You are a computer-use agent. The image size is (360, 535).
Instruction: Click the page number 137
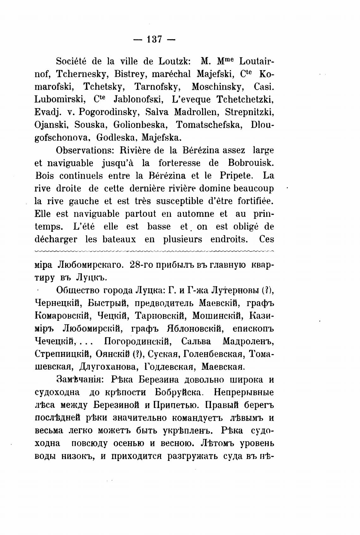click(154, 40)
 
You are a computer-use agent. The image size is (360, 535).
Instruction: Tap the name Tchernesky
click(82, 74)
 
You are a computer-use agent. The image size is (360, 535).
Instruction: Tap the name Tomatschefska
click(209, 125)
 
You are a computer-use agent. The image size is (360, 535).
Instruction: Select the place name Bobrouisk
click(251, 163)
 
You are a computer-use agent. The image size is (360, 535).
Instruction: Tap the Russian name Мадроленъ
click(248, 342)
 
